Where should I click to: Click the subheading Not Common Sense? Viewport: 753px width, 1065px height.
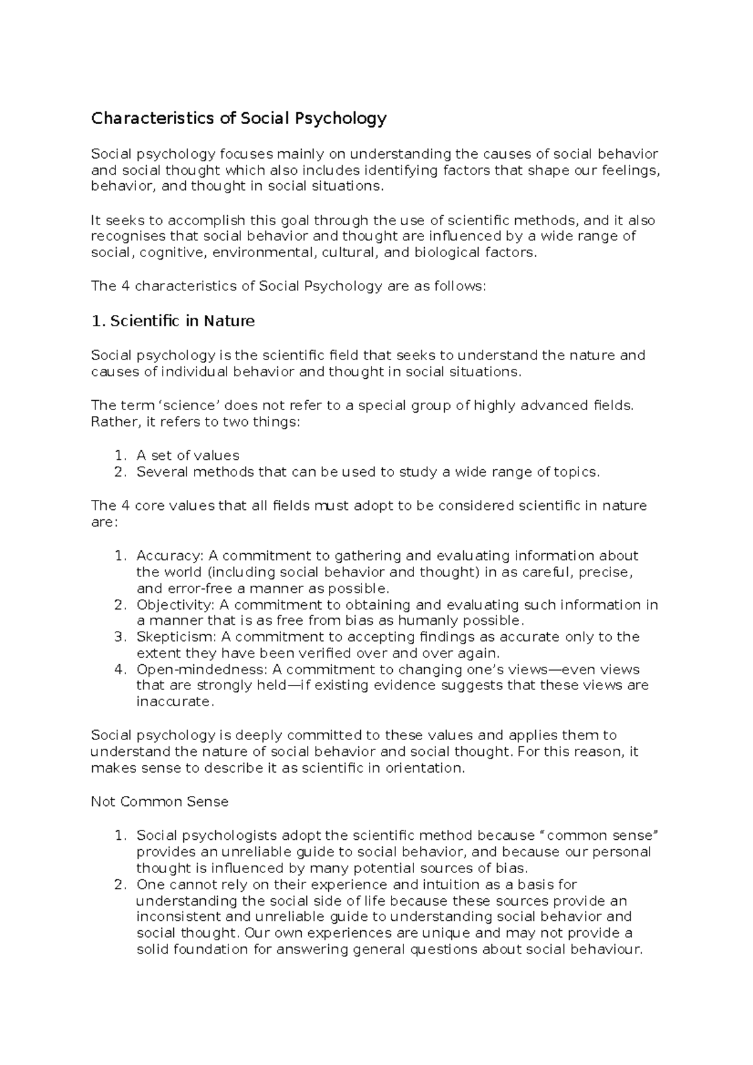tap(159, 802)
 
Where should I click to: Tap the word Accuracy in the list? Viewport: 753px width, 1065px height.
tap(168, 556)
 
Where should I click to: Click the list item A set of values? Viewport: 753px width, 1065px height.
tap(188, 455)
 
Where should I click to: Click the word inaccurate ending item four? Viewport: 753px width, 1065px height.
tap(174, 702)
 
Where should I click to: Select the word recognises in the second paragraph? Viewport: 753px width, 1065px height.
tap(129, 236)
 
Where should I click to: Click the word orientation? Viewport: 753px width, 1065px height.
tap(424, 768)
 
